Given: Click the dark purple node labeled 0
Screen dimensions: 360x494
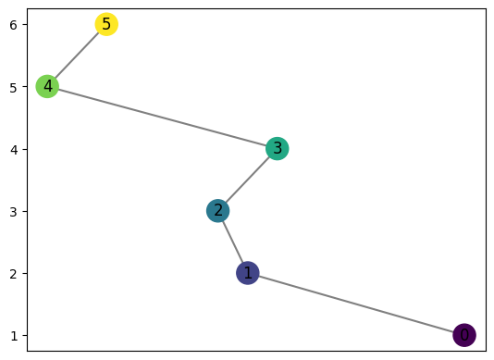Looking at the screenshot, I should coord(464,335).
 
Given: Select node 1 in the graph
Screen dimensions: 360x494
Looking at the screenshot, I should coord(247,273).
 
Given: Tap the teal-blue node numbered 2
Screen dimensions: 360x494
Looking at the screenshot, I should coord(218,211).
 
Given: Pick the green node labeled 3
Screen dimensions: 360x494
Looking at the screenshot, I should coord(277,148).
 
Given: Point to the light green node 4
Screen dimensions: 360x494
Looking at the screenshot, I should coord(47,86).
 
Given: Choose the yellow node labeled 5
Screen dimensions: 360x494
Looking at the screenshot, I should coord(106,24).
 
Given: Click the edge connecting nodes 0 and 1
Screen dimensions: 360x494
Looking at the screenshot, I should coord(356,304).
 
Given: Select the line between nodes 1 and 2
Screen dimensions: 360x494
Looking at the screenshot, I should coord(233,242).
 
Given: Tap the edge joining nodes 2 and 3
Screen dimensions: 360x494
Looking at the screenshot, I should coord(248,180).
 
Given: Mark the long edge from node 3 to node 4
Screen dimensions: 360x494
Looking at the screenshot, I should coord(162,118).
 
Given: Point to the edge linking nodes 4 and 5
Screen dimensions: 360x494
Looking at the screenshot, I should coord(77,56).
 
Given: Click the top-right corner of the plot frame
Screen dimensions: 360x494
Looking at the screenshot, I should coord(486,8).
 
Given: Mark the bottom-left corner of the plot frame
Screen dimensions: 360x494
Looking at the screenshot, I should coord(27,351).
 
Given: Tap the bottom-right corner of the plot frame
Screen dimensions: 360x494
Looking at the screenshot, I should coord(486,351).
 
